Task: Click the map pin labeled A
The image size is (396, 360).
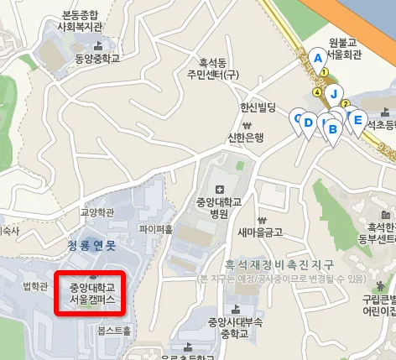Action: coord(317,58)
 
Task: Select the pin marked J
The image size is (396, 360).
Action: coord(333,94)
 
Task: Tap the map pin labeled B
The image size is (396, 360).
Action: coord(332,129)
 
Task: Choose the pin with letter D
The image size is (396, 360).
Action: coord(308,123)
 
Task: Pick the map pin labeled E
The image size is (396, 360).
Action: coord(357,120)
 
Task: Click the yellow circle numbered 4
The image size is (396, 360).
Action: coord(316,92)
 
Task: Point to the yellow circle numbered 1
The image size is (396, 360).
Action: coord(324,73)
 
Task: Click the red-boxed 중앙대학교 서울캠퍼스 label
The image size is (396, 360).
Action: coord(90,293)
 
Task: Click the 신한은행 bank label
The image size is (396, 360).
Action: coord(246,137)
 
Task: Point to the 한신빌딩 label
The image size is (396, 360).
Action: coord(258,107)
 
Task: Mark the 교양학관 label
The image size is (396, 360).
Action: coord(96,212)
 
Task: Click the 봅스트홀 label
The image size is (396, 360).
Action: coord(114,331)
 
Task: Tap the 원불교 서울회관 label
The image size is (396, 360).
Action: coord(344,48)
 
